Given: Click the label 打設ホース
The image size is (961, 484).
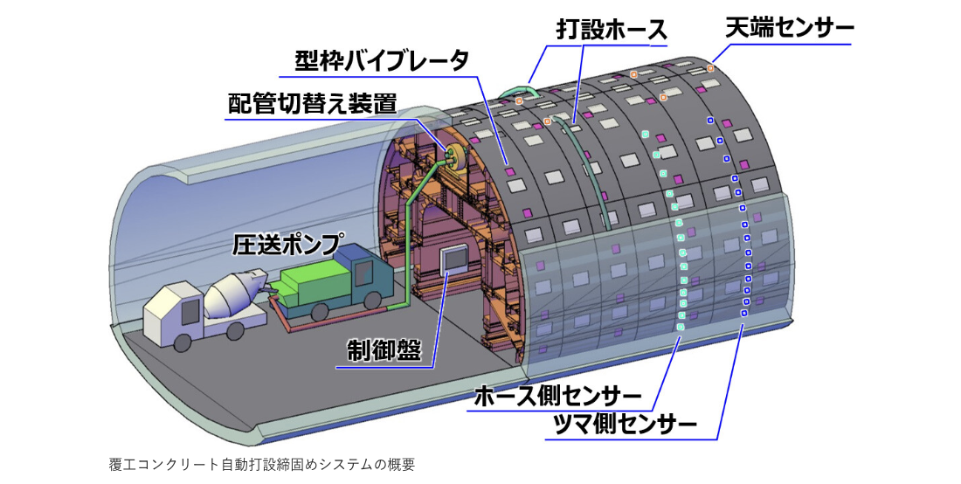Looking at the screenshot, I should [x=611, y=29].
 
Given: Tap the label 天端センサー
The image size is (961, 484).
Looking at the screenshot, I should [x=790, y=28].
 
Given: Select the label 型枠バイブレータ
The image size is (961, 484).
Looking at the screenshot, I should [x=382, y=60].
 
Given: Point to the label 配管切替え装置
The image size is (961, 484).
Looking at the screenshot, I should [x=312, y=104].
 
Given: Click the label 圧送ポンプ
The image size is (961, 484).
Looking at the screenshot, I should [x=287, y=243].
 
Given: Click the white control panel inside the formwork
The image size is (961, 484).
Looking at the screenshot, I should [x=454, y=259].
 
